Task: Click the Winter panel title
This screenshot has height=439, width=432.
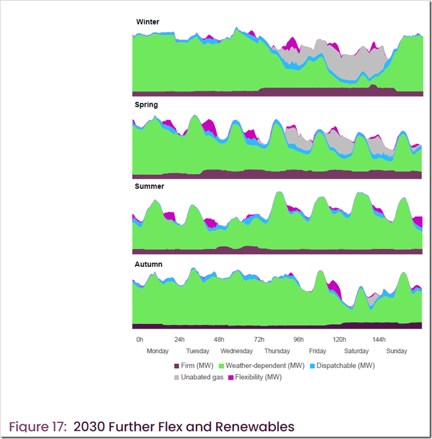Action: tap(148, 22)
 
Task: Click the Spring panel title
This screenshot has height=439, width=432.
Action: tap(146, 105)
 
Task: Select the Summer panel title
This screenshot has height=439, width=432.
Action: tap(149, 187)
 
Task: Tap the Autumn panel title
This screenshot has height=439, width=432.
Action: tap(148, 264)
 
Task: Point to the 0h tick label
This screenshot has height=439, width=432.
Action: tap(139, 339)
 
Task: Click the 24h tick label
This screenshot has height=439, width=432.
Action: tap(179, 339)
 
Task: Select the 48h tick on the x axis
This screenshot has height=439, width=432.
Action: tap(219, 339)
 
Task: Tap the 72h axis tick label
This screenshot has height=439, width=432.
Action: tap(259, 339)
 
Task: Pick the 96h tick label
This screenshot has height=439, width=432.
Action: tap(299, 339)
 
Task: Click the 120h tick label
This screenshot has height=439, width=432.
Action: tap(339, 339)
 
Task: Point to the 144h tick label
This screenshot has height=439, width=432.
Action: tap(379, 339)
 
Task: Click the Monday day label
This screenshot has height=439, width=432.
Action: tap(158, 352)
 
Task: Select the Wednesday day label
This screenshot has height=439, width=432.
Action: tap(237, 352)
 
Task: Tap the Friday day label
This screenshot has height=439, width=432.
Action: tap(318, 352)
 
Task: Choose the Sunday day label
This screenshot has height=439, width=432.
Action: tap(397, 352)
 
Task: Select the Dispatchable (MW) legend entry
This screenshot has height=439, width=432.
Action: tap(345, 366)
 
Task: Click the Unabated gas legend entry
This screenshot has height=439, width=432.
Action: tap(202, 378)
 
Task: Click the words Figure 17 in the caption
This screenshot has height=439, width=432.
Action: tap(38, 427)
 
